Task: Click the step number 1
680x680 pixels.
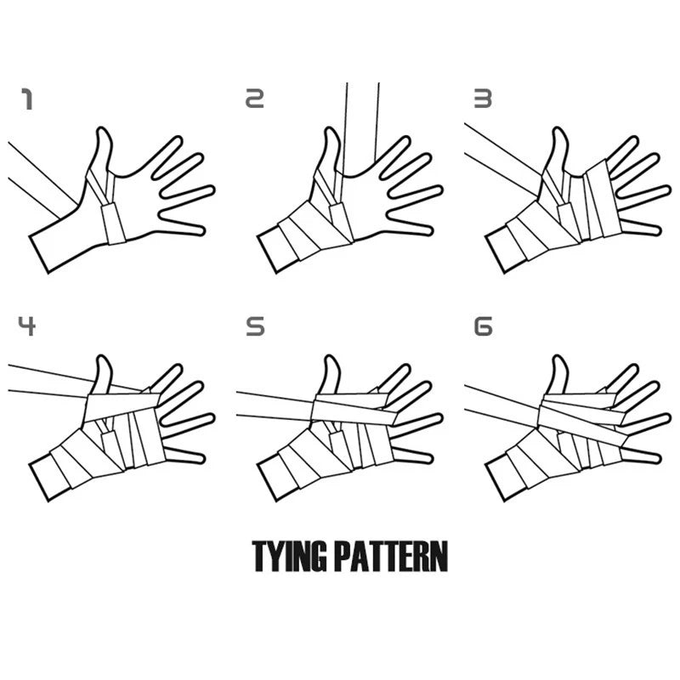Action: (27, 99)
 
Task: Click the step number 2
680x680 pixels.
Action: (254, 99)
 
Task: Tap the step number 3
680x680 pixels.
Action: (483, 99)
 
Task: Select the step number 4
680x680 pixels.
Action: (27, 326)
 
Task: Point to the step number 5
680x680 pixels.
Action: (255, 326)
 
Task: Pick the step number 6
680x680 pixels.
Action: (484, 326)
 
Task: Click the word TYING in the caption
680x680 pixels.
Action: (289, 557)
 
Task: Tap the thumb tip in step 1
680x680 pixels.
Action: (102, 129)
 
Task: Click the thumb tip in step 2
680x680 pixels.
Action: (331, 129)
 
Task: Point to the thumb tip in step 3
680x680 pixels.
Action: (558, 129)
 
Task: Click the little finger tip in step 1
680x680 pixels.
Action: (201, 229)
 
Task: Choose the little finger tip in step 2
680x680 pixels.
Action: (429, 229)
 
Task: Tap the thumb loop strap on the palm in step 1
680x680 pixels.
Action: (113, 224)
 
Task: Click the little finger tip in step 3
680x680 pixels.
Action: (657, 229)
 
